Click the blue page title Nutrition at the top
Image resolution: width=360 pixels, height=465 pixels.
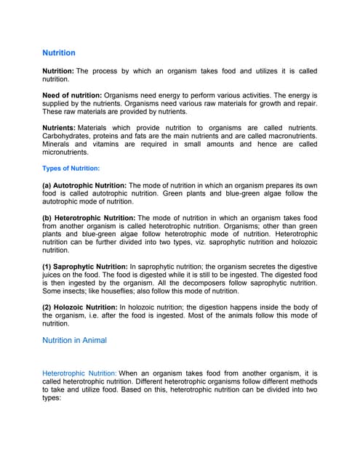[59, 53]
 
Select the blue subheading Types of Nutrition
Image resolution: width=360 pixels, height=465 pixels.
[71, 169]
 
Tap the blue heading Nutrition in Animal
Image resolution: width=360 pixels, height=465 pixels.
[75, 340]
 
